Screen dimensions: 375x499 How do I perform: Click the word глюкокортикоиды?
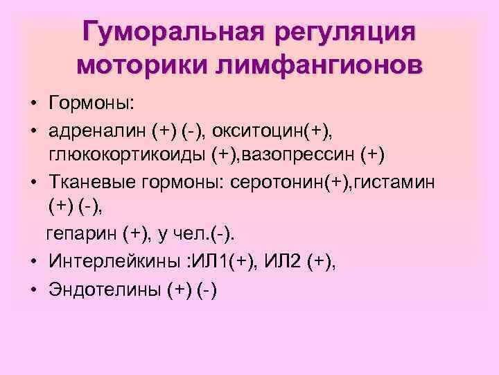click(x=142, y=153)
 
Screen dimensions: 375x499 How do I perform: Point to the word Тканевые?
click(x=91, y=181)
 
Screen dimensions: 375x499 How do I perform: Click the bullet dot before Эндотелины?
click(x=33, y=290)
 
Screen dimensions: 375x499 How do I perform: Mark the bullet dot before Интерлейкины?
click(x=33, y=262)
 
